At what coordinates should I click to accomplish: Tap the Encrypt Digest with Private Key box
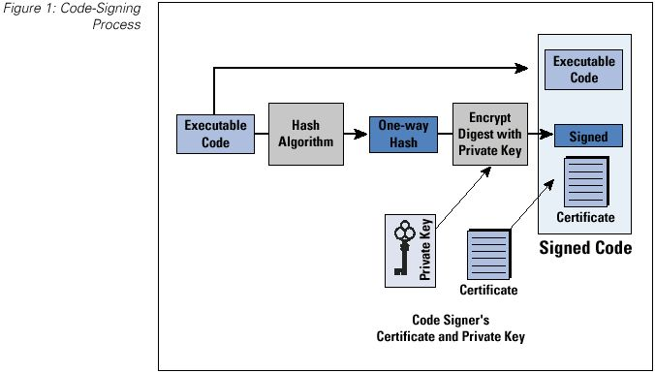(491, 135)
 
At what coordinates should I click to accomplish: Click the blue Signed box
(587, 137)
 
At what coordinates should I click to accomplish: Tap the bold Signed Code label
(584, 249)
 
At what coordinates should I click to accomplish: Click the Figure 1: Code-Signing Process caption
(97, 17)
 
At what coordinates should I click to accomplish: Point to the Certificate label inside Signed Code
(584, 217)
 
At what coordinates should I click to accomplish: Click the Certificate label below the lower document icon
(487, 290)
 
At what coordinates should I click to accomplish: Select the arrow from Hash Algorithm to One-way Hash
(356, 135)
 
